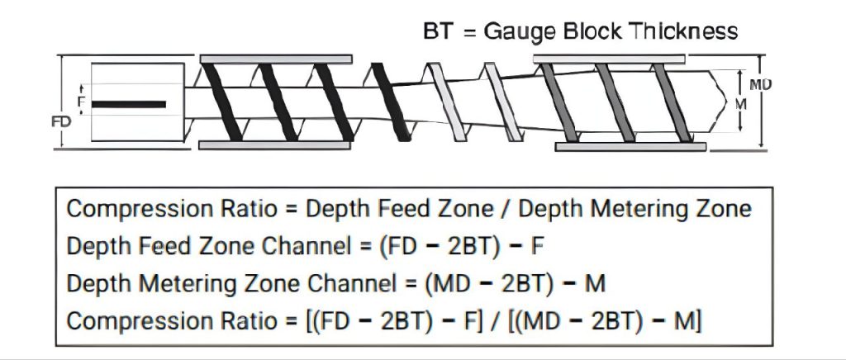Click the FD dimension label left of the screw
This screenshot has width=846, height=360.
60,121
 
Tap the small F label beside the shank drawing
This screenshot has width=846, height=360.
81,102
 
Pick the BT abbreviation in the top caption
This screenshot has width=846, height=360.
435,31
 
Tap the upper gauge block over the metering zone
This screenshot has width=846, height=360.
610,59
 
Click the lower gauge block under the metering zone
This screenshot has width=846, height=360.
630,146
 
